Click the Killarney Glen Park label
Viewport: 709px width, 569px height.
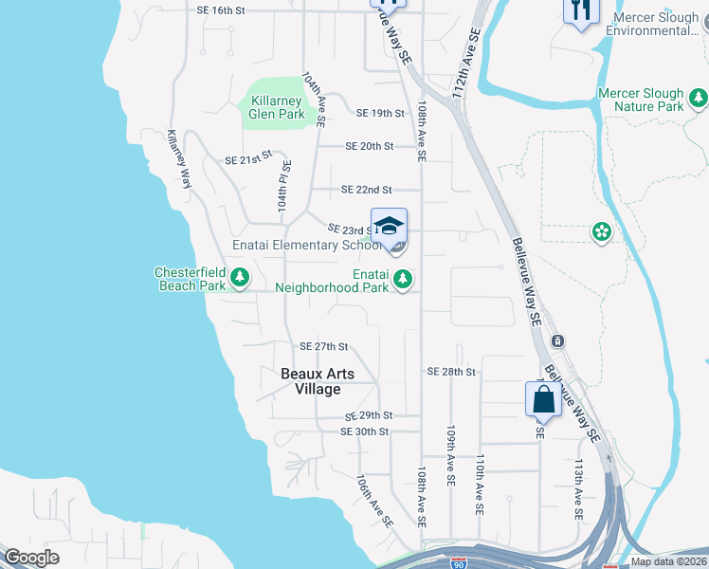click(277, 106)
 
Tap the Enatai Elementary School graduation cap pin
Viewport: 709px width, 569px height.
click(389, 228)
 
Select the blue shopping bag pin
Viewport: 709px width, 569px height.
click(544, 399)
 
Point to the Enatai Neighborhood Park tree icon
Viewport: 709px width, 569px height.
click(404, 278)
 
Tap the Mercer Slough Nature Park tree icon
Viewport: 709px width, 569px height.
click(699, 98)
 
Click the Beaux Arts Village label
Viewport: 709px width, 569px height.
click(318, 381)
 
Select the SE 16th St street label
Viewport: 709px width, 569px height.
click(220, 10)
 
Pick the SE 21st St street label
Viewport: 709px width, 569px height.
click(248, 161)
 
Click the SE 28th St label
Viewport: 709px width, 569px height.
click(450, 372)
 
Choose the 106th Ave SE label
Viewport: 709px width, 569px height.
click(374, 502)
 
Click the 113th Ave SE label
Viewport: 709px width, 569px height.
click(578, 489)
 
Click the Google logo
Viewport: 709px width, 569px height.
click(31, 558)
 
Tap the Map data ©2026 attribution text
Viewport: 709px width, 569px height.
click(667, 561)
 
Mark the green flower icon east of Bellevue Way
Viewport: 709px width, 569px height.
click(600, 231)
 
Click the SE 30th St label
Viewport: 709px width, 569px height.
click(365, 431)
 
